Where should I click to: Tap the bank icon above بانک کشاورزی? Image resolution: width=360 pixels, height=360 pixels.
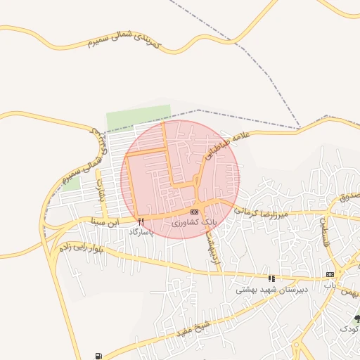coord(194,212)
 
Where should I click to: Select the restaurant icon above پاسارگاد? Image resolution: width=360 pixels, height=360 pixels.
coord(141,221)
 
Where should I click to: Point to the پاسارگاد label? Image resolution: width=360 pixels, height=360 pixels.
coord(141,231)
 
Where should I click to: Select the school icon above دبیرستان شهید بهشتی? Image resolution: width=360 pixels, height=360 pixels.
coord(271,278)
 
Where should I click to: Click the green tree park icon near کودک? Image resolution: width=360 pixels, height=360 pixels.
coord(357,319)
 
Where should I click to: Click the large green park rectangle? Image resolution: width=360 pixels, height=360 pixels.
coord(139,117)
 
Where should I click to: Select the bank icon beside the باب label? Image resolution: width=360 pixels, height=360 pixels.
coord(329,274)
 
